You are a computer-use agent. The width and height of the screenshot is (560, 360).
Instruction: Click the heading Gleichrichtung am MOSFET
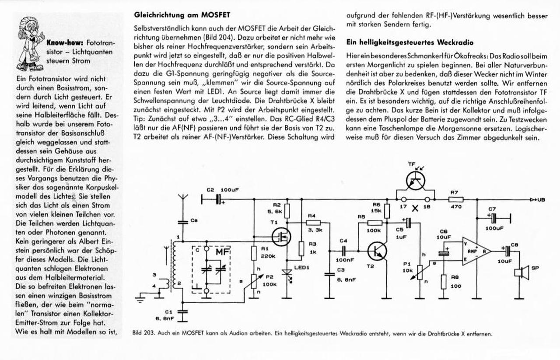pos(182,15)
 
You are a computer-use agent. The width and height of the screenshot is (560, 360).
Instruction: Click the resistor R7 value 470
pos(456,207)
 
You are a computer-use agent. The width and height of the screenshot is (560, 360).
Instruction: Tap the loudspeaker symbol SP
pos(521,273)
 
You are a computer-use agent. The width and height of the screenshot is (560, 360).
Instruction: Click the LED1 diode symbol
pos(287,274)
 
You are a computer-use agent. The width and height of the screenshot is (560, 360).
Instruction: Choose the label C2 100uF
pos(222,190)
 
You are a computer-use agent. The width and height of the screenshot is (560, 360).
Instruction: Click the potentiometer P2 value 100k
pos(269,284)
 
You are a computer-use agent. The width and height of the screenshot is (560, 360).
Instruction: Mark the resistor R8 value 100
pos(455,286)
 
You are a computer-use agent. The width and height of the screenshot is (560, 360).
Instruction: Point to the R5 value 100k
pos(373,230)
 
